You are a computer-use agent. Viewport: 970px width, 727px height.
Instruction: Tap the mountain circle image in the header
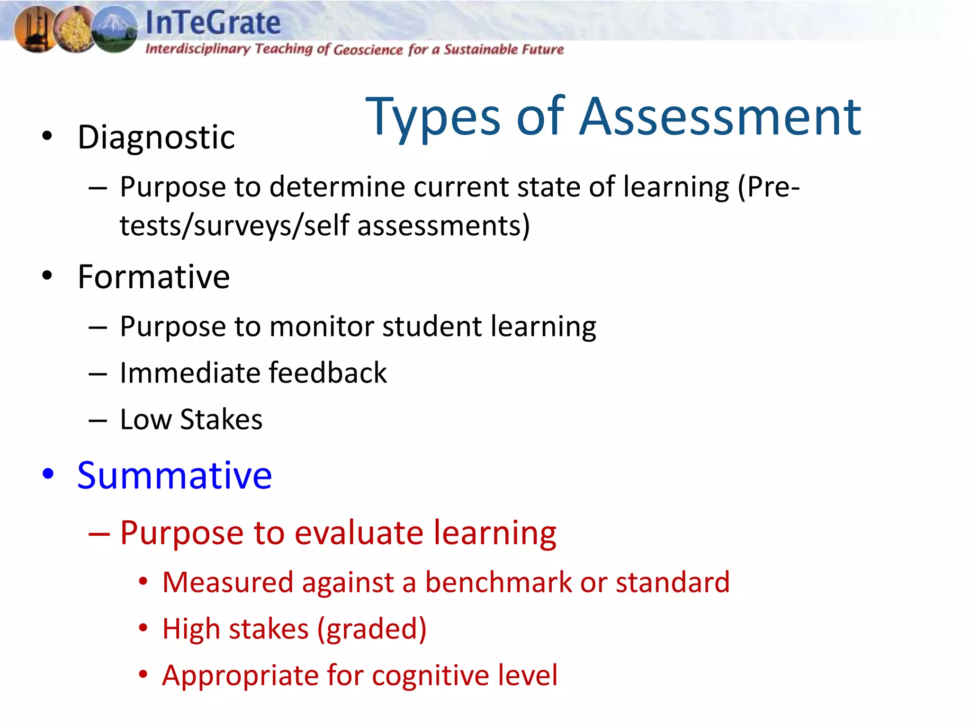click(114, 29)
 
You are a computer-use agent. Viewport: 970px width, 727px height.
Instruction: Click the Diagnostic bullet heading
click(156, 138)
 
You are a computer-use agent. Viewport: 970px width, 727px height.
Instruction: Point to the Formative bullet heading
click(153, 277)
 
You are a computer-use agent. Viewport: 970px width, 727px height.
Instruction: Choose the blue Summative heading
click(174, 475)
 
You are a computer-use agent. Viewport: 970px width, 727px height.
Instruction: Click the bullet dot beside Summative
click(48, 473)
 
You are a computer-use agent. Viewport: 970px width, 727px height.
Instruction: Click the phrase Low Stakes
click(191, 420)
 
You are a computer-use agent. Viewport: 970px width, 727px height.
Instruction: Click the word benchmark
click(498, 582)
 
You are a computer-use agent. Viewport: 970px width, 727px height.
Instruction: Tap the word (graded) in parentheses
click(372, 629)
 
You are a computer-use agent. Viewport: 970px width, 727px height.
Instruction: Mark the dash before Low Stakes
click(98, 420)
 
